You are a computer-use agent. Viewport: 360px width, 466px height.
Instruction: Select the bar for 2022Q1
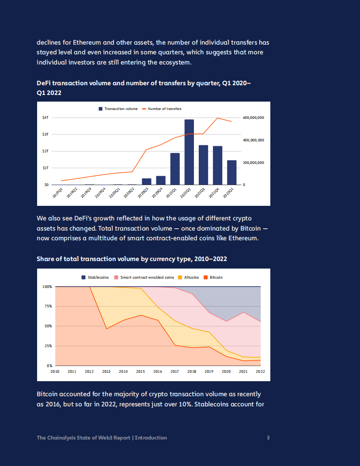(x=231, y=172)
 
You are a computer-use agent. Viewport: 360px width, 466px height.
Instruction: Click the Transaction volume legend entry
(x=118, y=109)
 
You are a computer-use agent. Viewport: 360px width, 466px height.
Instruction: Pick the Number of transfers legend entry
(x=162, y=109)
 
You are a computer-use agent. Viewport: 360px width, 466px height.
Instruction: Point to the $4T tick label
(x=45, y=117)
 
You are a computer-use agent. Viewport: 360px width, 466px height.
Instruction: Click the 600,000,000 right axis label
(x=254, y=118)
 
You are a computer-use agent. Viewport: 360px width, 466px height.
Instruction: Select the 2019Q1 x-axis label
(x=57, y=193)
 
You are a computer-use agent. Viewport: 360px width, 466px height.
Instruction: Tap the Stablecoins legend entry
(x=95, y=277)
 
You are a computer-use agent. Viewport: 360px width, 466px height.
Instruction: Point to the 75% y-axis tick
(x=48, y=306)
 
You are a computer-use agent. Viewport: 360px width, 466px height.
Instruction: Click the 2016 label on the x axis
(x=157, y=372)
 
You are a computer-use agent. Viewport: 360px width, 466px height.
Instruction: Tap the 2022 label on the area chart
(x=260, y=372)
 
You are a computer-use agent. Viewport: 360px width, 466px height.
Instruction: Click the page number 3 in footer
(x=268, y=438)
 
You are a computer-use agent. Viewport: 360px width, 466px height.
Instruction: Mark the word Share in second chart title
(x=45, y=259)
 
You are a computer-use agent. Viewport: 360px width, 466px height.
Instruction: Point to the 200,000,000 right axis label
(x=254, y=163)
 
